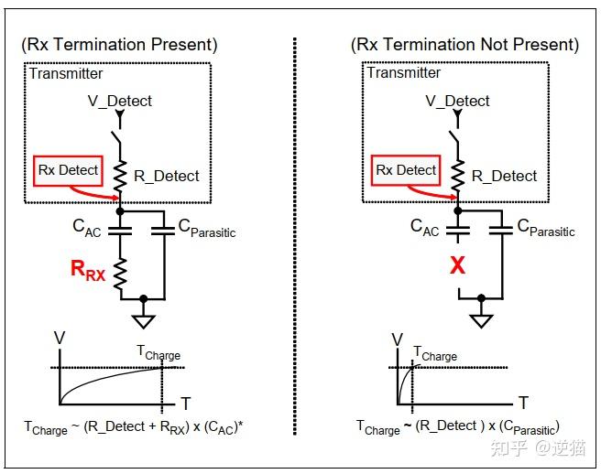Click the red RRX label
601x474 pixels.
tap(88, 270)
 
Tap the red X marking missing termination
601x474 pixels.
tap(458, 265)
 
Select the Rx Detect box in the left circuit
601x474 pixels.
tap(68, 171)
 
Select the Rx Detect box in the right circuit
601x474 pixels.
tap(406, 170)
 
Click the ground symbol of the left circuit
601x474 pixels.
tap(143, 321)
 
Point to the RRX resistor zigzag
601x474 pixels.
tap(120, 274)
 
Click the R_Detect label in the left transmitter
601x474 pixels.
tap(167, 176)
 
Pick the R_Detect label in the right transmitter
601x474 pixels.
tap(504, 176)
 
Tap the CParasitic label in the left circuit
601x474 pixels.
tap(207, 228)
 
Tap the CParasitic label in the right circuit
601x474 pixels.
tap(546, 228)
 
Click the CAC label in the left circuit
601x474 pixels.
tap(87, 228)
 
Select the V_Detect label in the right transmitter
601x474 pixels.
tap(457, 101)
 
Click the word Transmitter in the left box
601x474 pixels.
tap(66, 73)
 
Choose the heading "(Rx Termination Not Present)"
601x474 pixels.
tap(464, 45)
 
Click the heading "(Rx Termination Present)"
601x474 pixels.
tap(119, 45)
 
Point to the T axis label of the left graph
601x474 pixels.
tap(186, 404)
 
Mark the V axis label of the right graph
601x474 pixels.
tap(398, 339)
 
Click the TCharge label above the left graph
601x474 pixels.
tap(158, 352)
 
